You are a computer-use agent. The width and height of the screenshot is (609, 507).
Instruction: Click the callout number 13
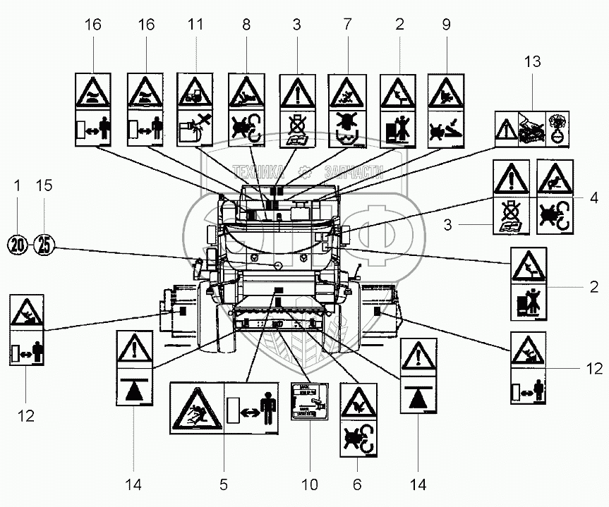pos(531,62)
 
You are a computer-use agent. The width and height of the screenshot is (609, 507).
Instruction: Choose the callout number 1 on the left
pos(17,186)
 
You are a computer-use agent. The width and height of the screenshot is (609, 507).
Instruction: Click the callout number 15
pos(44,186)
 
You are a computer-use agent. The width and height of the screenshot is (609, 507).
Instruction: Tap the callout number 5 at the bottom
pos(223,484)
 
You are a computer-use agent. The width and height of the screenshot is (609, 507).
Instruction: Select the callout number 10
pos(310,484)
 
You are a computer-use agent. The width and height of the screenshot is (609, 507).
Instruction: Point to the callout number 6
pos(357,484)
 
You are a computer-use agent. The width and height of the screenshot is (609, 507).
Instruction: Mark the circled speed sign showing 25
pos(44,245)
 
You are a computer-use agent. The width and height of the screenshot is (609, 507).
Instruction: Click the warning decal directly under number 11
pos(196,110)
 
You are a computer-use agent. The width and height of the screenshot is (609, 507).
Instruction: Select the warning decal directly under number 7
pos(347,110)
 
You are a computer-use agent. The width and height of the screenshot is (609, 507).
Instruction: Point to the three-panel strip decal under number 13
pos(531,128)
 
